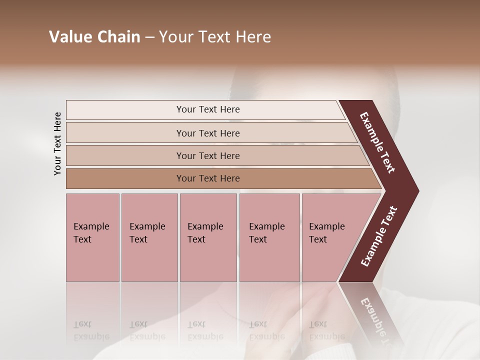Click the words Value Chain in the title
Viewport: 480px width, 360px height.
94,37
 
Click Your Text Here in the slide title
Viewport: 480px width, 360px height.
215,37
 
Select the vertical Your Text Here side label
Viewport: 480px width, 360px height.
57,143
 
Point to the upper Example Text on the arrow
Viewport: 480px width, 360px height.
377,142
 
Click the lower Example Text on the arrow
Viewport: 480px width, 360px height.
378,236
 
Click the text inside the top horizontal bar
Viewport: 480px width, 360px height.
208,109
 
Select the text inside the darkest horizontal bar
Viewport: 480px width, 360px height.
208,178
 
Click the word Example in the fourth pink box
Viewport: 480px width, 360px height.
267,226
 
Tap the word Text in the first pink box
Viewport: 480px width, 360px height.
82,239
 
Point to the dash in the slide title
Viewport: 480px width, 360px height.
149,37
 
